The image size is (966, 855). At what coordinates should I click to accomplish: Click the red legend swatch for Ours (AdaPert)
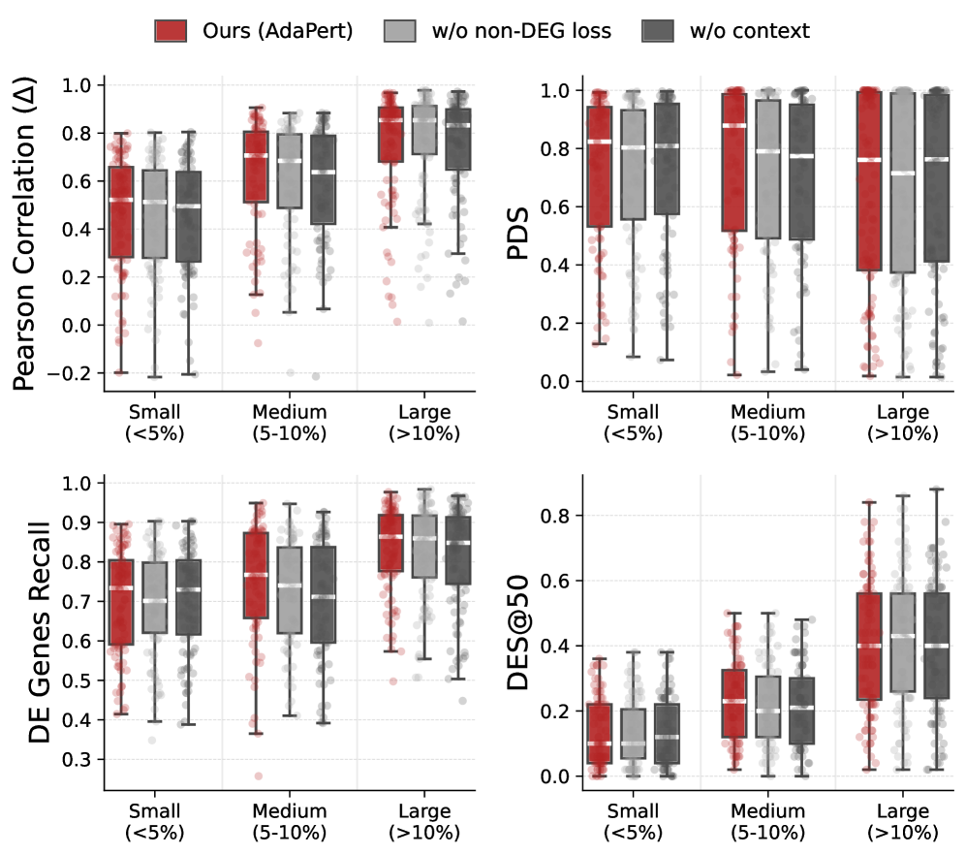[x=171, y=31]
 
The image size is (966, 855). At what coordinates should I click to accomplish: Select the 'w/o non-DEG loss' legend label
[x=521, y=31]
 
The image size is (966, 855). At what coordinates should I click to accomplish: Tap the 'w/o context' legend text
[x=749, y=31]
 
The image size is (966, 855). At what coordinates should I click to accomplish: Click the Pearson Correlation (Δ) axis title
[x=28, y=233]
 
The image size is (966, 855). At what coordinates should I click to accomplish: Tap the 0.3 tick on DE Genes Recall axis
[x=78, y=759]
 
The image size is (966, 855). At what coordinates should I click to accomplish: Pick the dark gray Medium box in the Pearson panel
[x=323, y=179]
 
